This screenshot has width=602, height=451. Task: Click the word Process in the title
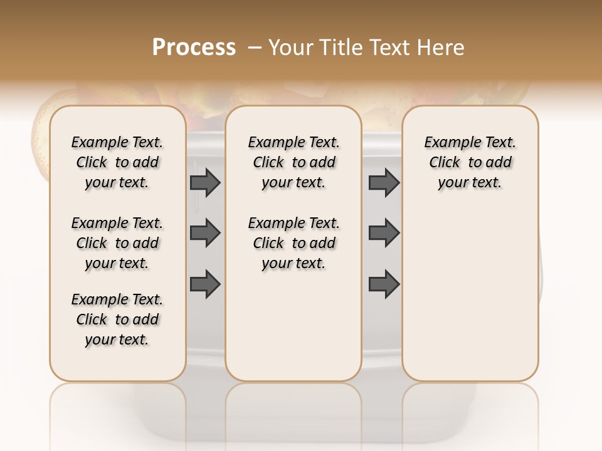coord(194,48)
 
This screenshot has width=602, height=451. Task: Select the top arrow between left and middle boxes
coord(205,182)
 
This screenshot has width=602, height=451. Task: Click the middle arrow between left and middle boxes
coord(205,233)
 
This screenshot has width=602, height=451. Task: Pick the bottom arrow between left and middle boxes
coord(205,284)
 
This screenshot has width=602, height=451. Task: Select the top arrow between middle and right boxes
coord(384,182)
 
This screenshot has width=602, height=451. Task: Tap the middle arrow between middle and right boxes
coord(384,233)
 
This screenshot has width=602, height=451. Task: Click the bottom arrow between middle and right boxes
coord(384,284)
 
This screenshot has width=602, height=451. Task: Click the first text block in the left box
coord(117,162)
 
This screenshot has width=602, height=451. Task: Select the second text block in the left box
coord(117,243)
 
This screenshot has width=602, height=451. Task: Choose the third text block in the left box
coord(117,319)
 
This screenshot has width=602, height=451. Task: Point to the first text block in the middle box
coord(293,162)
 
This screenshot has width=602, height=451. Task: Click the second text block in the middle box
coord(293,243)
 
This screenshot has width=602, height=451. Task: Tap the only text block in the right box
coord(470,162)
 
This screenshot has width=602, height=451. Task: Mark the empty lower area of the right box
coord(470,301)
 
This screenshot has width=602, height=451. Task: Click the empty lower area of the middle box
coord(293,326)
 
